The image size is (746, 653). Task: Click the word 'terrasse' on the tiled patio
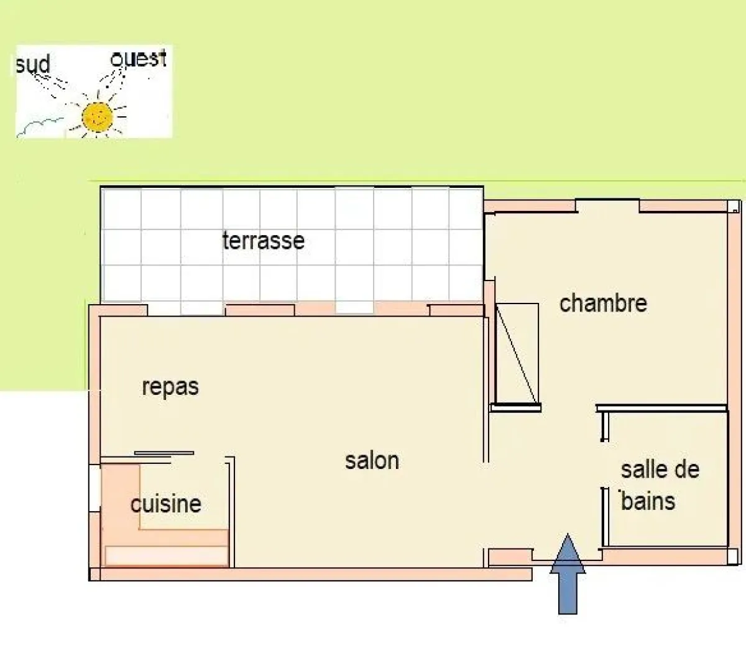tap(263, 240)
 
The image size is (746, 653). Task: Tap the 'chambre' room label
tap(603, 303)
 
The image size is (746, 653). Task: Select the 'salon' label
tap(372, 461)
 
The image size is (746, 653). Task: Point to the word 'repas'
tap(170, 387)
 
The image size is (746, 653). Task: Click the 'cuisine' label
tap(165, 504)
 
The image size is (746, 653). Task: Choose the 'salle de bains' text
tap(659, 485)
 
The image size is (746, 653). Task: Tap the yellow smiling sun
tap(97, 116)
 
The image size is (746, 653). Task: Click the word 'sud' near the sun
tap(32, 64)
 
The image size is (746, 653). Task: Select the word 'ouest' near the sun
tap(138, 58)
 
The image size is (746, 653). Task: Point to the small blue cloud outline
tap(40, 124)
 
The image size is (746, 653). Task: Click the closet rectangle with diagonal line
tap(517, 353)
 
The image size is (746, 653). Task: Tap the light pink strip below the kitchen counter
tap(166, 555)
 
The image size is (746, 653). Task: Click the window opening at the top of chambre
tap(607, 203)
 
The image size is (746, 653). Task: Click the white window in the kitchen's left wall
tap(94, 488)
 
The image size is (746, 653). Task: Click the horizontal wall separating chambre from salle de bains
tap(661, 409)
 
